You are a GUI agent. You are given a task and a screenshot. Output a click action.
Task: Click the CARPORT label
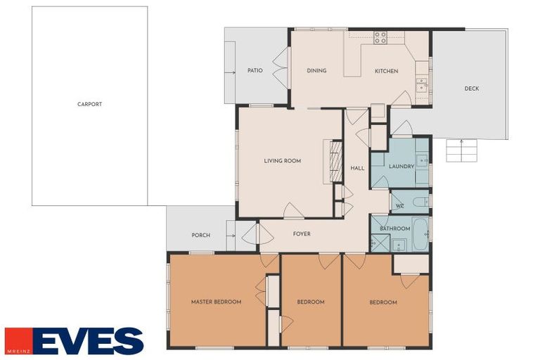click(89, 104)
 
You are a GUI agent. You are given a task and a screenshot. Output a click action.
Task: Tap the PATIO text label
click(255, 70)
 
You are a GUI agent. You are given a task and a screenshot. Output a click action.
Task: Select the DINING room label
click(316, 70)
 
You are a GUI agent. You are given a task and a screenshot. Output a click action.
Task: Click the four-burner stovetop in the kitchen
click(380, 37)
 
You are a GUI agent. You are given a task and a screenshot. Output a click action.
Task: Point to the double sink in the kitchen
click(422, 86)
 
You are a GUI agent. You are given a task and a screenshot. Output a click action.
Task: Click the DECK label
click(472, 89)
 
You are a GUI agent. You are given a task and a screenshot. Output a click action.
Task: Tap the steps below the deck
click(461, 150)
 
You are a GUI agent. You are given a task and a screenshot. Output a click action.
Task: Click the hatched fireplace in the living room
click(336, 161)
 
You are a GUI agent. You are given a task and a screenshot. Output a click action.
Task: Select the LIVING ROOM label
click(283, 160)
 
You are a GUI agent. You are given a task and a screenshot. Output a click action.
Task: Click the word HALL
click(357, 168)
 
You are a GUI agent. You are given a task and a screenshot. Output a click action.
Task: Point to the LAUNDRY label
click(401, 167)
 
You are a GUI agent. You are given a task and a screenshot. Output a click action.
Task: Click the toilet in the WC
click(420, 202)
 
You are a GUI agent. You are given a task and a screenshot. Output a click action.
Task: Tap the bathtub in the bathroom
click(420, 234)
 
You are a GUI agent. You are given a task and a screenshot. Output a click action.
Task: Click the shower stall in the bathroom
click(380, 243)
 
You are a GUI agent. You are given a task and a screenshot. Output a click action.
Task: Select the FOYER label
click(302, 234)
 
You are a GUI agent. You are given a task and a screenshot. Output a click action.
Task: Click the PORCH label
click(201, 236)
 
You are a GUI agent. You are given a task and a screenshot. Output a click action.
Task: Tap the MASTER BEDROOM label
click(217, 302)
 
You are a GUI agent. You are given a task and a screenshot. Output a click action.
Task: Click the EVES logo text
click(88, 341)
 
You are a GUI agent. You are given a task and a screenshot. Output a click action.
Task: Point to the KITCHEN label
click(387, 71)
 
